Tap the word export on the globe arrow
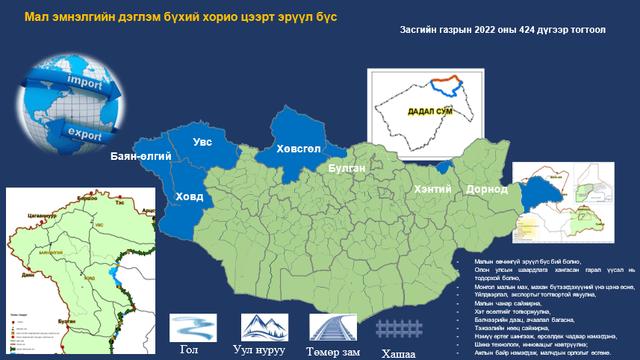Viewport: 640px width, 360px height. [84, 133]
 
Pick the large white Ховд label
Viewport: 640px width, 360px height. [189, 197]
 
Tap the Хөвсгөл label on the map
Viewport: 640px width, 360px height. [298, 149]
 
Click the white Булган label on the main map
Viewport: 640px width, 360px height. [347, 169]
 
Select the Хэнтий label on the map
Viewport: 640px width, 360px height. [433, 190]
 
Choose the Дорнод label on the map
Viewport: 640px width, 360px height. [487, 190]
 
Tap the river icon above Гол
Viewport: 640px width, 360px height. [193, 327]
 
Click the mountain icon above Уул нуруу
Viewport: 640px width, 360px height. [264, 327]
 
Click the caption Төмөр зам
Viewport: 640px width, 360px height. [333, 351]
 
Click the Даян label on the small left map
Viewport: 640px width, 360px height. [28, 254]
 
